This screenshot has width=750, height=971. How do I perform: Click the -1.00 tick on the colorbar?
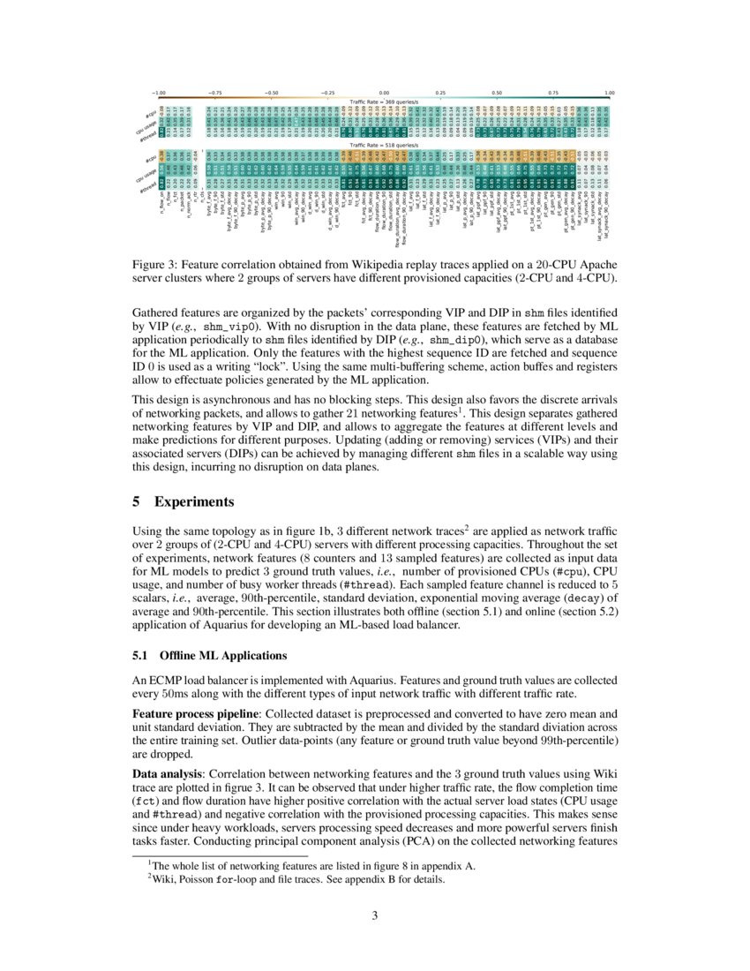click(x=159, y=92)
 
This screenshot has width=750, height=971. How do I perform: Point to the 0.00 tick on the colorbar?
click(x=384, y=92)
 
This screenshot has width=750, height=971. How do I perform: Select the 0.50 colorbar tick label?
click(x=497, y=92)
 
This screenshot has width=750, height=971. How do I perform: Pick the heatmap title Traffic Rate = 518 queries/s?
click(x=384, y=145)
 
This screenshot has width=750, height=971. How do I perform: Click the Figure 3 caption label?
click(x=157, y=265)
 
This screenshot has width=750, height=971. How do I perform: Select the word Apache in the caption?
click(x=589, y=265)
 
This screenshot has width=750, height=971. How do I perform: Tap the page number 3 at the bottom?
click(x=375, y=915)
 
